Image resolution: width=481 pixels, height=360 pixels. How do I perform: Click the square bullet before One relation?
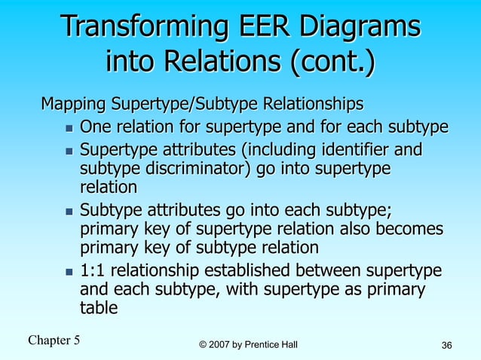(68, 126)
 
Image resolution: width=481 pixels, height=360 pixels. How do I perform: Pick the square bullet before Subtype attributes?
(68, 209)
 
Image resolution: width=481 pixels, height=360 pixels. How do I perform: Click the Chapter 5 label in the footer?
(54, 340)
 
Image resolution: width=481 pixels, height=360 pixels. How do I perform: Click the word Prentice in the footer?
(266, 345)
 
